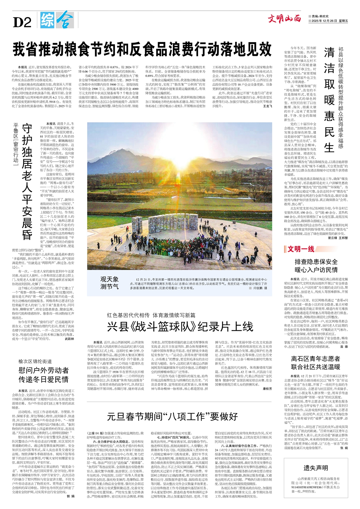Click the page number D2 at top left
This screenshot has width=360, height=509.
pyautogui.click(x=22, y=22)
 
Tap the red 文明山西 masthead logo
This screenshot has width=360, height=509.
pyautogui.click(x=284, y=18)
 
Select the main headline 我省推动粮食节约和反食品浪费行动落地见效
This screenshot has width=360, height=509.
pyautogui.click(x=142, y=49)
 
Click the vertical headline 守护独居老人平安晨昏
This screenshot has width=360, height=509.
pyautogui.click(x=27, y=182)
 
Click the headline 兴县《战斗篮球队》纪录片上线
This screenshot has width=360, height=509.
pyautogui.click(x=180, y=326)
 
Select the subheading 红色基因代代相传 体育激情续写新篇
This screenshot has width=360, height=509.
pyautogui.click(x=151, y=315)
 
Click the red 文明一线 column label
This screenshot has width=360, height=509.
pyautogui.click(x=300, y=249)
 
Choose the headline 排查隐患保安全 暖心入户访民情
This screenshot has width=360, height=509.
pyautogui.click(x=316, y=266)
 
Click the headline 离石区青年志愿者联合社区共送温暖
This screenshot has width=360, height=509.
pyautogui.click(x=316, y=362)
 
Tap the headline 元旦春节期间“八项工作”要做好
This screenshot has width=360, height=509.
pyautogui.click(x=172, y=416)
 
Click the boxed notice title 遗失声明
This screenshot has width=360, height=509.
pyautogui.click(x=315, y=468)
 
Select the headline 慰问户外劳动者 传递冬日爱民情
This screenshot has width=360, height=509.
pyautogui.click(x=44, y=374)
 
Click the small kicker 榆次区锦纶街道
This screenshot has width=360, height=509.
pyautogui.click(x=35, y=361)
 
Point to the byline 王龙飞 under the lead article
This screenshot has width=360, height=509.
pyautogui.click(x=267, y=107)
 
